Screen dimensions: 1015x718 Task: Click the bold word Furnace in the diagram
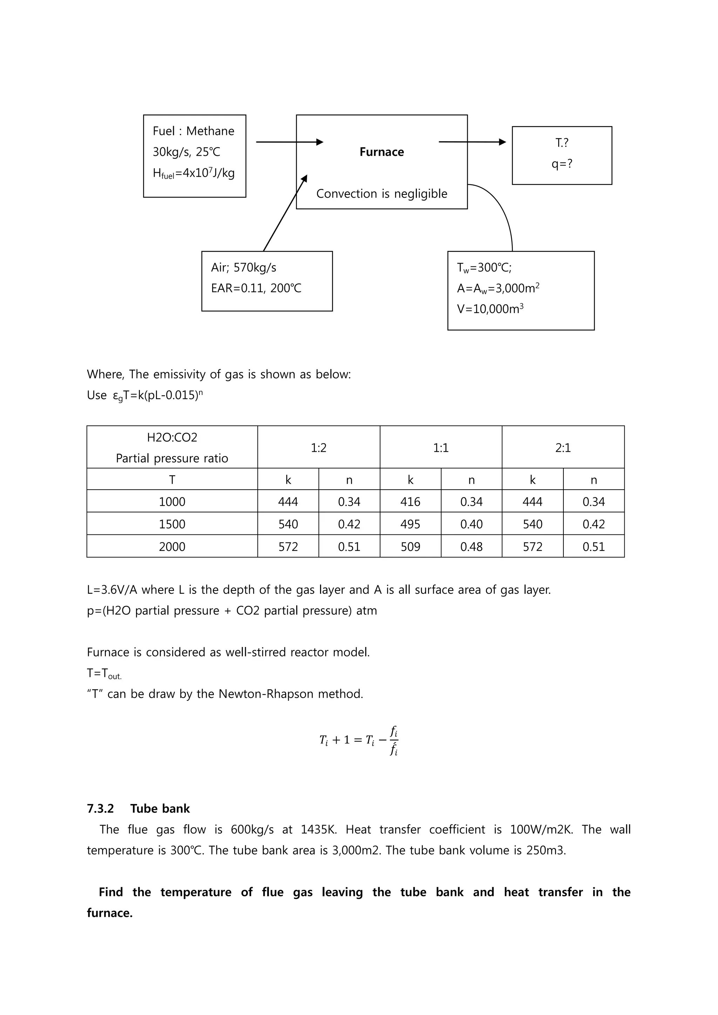pyautogui.click(x=381, y=152)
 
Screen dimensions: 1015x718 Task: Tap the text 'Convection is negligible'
pyautogui.click(x=381, y=193)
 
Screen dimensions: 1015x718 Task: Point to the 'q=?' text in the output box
pyautogui.click(x=562, y=164)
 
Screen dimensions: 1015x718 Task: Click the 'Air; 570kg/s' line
pyautogui.click(x=244, y=267)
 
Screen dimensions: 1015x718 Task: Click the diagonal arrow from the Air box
pyautogui.click(x=285, y=213)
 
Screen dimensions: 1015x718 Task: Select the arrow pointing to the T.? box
pyautogui.click(x=472, y=142)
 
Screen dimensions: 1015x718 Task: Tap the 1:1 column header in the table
pyautogui.click(x=441, y=448)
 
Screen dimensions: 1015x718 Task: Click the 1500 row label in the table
pyautogui.click(x=172, y=524)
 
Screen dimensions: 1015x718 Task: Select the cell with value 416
pyautogui.click(x=410, y=502)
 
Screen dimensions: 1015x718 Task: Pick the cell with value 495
pyautogui.click(x=410, y=524)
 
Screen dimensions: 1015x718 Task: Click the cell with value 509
pyautogui.click(x=410, y=547)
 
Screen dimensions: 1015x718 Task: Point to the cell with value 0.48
pyautogui.click(x=471, y=547)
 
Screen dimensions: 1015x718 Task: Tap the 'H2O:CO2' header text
pyautogui.click(x=172, y=438)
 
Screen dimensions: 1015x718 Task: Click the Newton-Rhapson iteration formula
pyautogui.click(x=359, y=740)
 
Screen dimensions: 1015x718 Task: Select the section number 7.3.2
pyautogui.click(x=100, y=809)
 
